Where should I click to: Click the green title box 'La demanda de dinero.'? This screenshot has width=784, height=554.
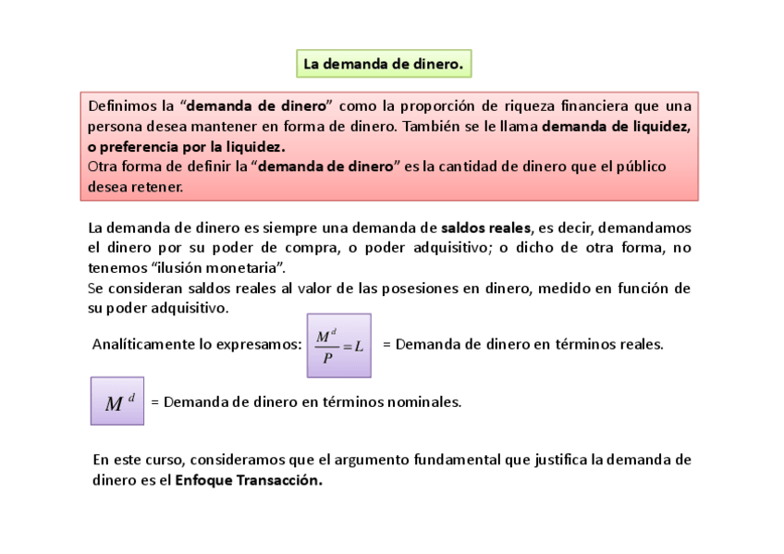click(383, 64)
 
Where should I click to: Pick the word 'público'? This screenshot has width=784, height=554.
click(637, 166)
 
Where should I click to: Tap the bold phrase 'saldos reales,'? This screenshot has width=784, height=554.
click(486, 228)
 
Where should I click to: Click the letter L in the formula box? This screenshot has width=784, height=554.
click(358, 346)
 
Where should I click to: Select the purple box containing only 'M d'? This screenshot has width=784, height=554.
click(117, 401)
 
